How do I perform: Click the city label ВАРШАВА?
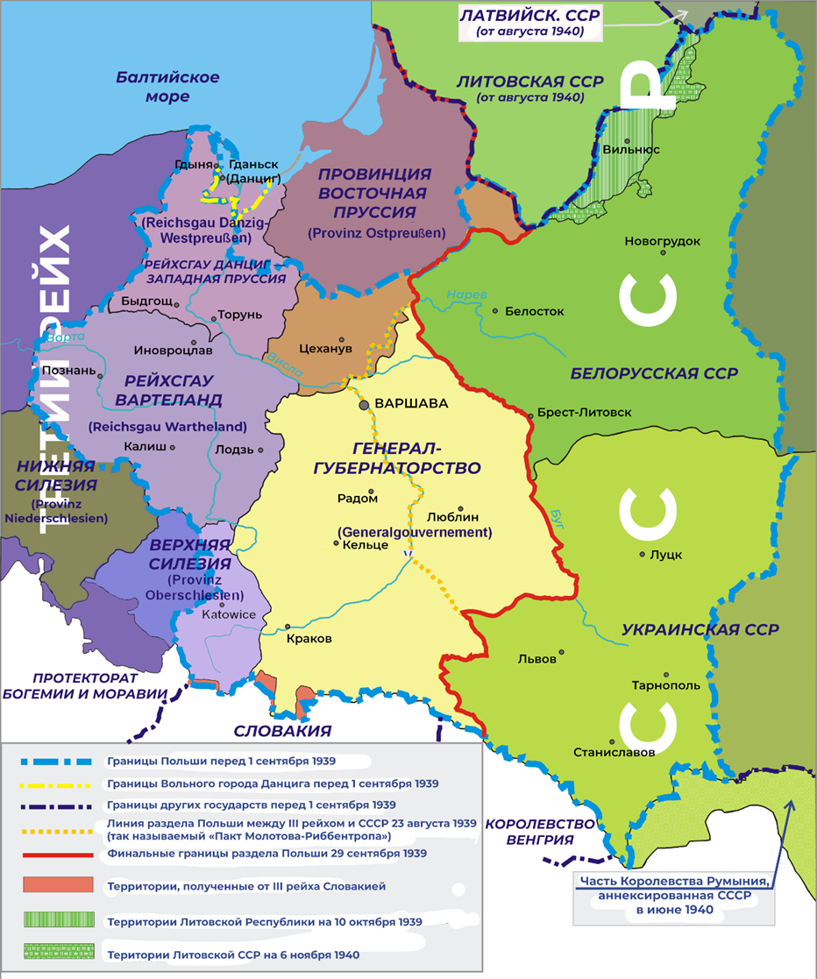tap(411, 404)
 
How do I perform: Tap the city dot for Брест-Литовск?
tap(530, 415)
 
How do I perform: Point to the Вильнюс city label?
tap(631, 150)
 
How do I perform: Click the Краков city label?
tap(309, 639)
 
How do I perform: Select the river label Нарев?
tap(465, 295)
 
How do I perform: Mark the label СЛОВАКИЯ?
tap(281, 731)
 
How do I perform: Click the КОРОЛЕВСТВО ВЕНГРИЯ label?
tap(529, 832)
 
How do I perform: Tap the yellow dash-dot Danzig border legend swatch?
tap(55, 784)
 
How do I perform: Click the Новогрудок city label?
tap(662, 241)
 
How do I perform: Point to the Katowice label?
tap(229, 614)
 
